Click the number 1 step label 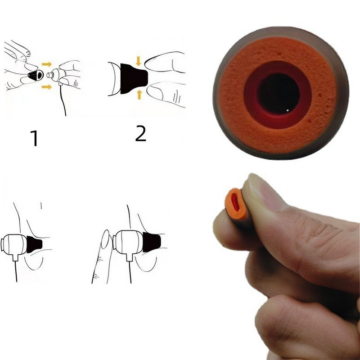pyautogui.click(x=34, y=138)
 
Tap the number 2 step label pyautogui.click(x=140, y=134)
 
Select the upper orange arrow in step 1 pyautogui.click(x=46, y=64)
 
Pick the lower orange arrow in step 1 pyautogui.click(x=46, y=87)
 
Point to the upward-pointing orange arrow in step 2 pyautogui.click(x=139, y=94)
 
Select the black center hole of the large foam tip pyautogui.click(x=278, y=94)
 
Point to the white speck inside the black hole pyautogui.click(x=288, y=110)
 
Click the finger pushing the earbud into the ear pyautogui.click(x=103, y=252)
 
